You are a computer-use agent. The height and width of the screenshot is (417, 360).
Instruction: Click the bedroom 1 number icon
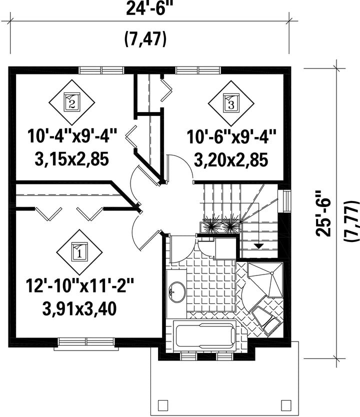tap(79, 252)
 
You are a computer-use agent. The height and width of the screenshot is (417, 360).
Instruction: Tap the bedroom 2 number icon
tap(72, 102)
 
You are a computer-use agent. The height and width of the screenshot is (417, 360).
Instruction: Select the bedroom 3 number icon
tap(231, 103)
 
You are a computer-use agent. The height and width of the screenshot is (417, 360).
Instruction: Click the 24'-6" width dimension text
tap(147, 9)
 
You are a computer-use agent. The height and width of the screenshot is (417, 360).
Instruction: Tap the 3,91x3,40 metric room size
tap(79, 309)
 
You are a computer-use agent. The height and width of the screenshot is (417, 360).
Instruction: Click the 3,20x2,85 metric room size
tap(231, 160)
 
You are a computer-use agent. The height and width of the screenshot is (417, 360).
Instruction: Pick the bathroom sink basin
tap(177, 291)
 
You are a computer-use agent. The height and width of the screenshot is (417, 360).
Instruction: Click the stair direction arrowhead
tap(258, 246)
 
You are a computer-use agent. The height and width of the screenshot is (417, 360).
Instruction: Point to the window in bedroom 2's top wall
tap(102, 70)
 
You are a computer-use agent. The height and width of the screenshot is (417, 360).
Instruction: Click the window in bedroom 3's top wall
tap(198, 70)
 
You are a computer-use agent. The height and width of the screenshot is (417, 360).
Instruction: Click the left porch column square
tap(163, 405)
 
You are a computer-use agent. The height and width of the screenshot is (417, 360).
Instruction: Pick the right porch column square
tap(286, 405)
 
